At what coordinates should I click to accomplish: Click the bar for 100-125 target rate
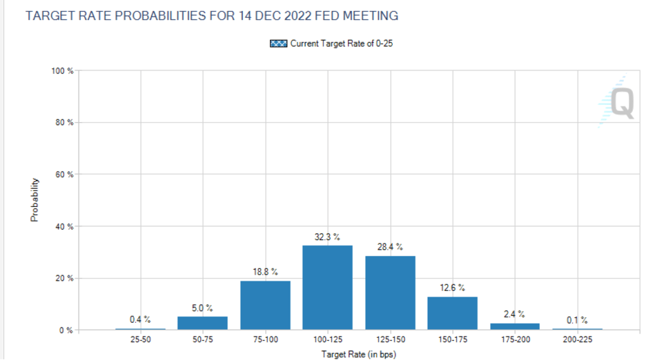(x=327, y=288)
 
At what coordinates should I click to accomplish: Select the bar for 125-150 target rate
(x=390, y=292)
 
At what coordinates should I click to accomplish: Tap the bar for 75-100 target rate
(x=265, y=305)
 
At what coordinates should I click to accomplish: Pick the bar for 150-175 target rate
(x=452, y=313)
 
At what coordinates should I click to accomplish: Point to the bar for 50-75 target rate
(x=202, y=323)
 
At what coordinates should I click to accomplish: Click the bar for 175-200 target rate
(x=515, y=326)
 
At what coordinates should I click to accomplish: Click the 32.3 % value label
(x=327, y=237)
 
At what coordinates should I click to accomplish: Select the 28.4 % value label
(x=390, y=247)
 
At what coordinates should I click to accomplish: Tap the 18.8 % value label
(x=265, y=272)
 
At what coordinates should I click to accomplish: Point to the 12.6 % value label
(x=452, y=288)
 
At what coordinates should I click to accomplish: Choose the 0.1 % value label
(x=577, y=320)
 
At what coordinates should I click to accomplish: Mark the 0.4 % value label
(x=140, y=319)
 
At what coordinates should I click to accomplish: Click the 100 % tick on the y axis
(x=63, y=70)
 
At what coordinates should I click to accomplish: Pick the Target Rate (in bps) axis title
(x=358, y=354)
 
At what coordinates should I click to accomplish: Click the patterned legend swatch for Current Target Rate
(x=278, y=44)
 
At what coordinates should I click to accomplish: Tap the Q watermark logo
(x=616, y=102)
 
